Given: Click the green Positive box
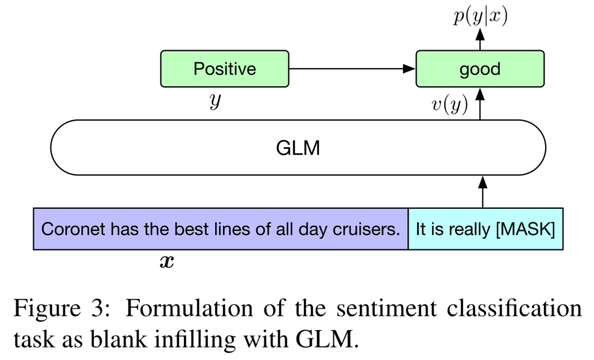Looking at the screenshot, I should pyautogui.click(x=225, y=69).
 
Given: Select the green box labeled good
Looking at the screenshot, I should pyautogui.click(x=480, y=69).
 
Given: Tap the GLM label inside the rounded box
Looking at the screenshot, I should pyautogui.click(x=298, y=148).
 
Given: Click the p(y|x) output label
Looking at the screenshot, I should pyautogui.click(x=480, y=17).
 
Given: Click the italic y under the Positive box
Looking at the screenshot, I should pyautogui.click(x=215, y=103).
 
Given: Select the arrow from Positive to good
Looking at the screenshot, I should pyautogui.click(x=352, y=68).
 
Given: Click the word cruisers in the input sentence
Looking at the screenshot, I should pyautogui.click(x=371, y=230).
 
